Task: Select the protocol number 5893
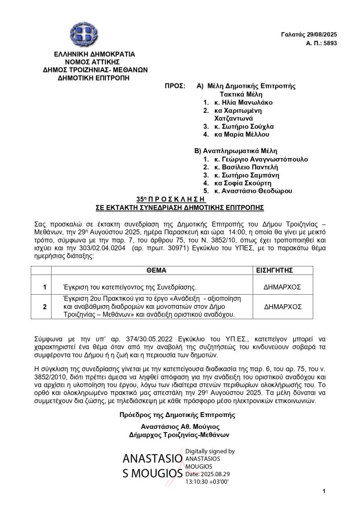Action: pos(329,44)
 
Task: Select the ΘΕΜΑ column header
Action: pos(156,270)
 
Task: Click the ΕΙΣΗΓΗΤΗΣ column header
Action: pos(276,270)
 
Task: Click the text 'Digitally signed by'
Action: pos(209,451)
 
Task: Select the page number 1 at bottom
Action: pos(324,492)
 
